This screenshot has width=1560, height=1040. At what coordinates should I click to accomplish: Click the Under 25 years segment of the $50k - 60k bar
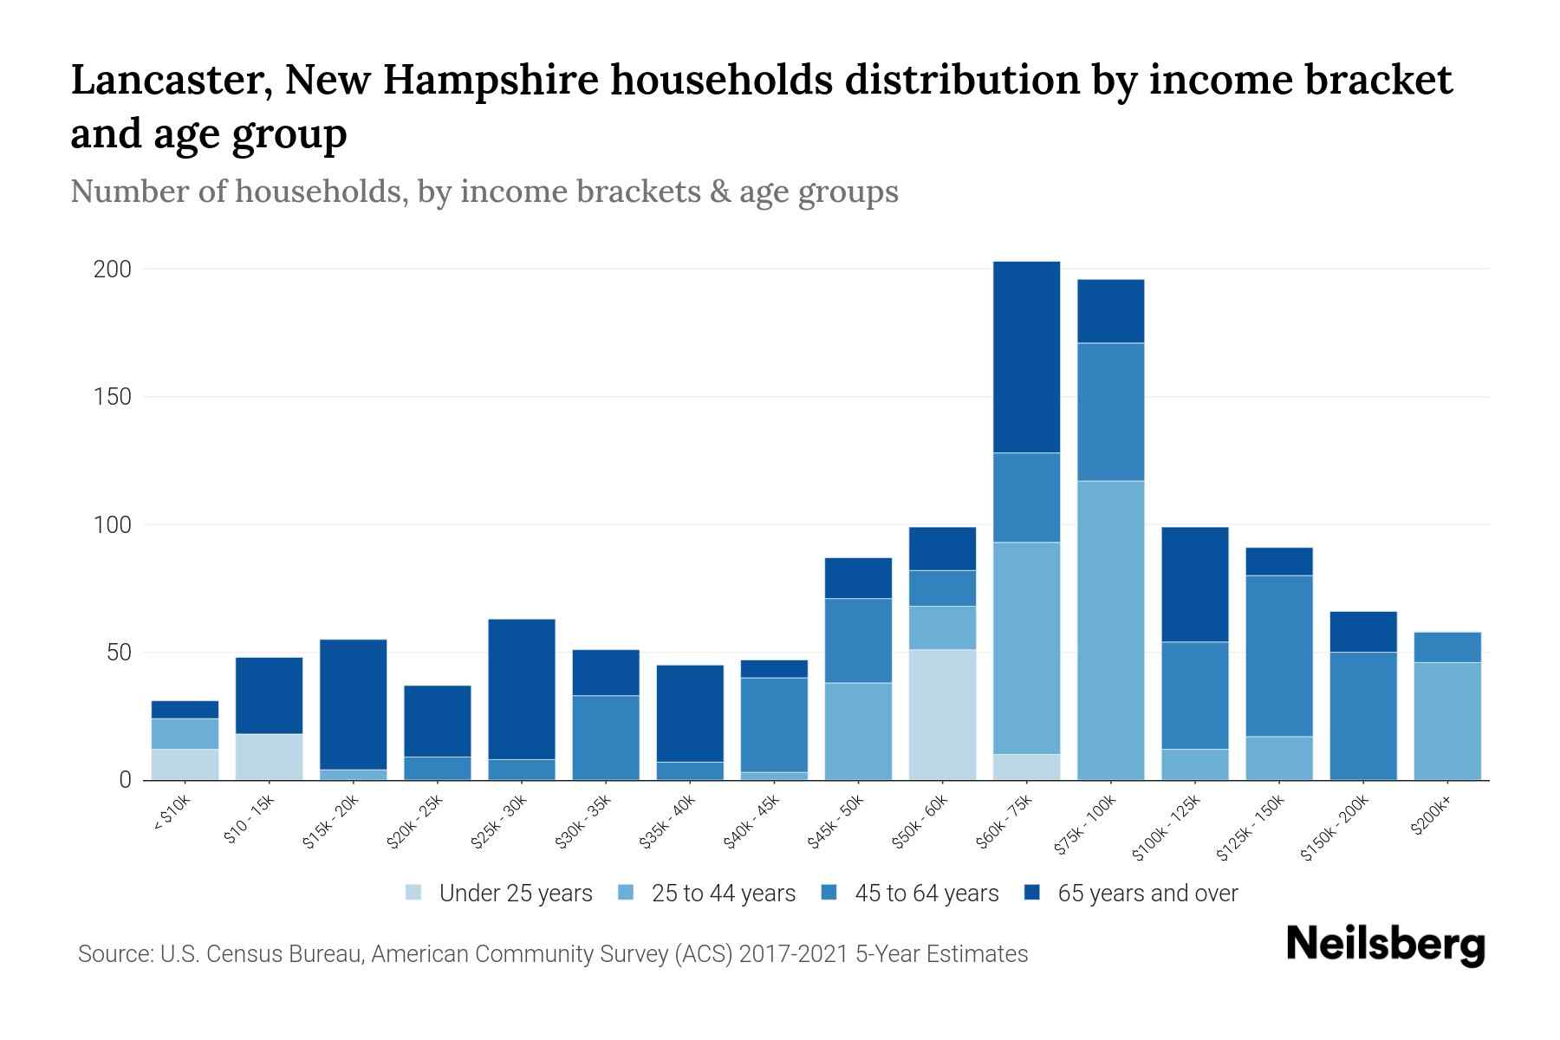coord(942,714)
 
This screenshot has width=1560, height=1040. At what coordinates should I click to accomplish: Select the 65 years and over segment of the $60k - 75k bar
coord(1026,356)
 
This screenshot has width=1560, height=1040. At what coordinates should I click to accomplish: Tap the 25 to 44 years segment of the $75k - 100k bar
coord(1110,630)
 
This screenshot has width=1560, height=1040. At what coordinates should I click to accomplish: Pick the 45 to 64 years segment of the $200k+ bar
coord(1446,647)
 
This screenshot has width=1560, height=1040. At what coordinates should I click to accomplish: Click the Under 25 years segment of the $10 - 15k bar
coord(269,757)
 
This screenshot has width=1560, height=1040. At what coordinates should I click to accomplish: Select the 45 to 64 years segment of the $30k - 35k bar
coord(606,738)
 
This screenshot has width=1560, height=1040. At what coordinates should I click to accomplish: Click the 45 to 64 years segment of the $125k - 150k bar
coord(1278,655)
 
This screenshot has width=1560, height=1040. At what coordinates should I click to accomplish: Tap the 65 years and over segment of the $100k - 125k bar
coord(1194,584)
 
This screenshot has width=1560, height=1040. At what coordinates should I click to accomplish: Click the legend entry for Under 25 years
coord(516,894)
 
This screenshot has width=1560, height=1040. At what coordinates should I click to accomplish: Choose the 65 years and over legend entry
coord(1147,894)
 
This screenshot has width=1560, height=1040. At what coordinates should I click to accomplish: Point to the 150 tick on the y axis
coord(113,397)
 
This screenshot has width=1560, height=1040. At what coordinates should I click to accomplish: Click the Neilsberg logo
coord(1385,946)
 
